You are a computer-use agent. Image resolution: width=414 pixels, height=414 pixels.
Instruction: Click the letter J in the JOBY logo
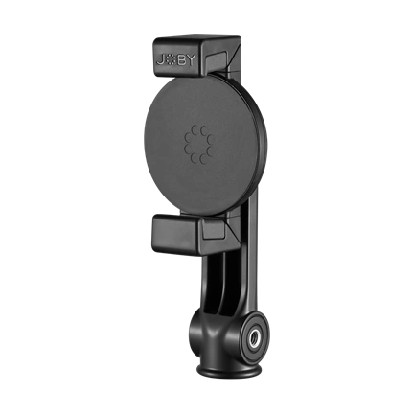pyautogui.click(x=160, y=60)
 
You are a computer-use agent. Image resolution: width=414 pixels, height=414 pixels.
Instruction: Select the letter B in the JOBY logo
pyautogui.click(x=180, y=60)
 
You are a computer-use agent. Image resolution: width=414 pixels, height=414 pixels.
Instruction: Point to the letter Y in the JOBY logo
pyautogui.click(x=190, y=60)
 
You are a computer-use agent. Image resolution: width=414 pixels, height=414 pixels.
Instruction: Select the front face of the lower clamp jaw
pyautogui.click(x=175, y=229)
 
